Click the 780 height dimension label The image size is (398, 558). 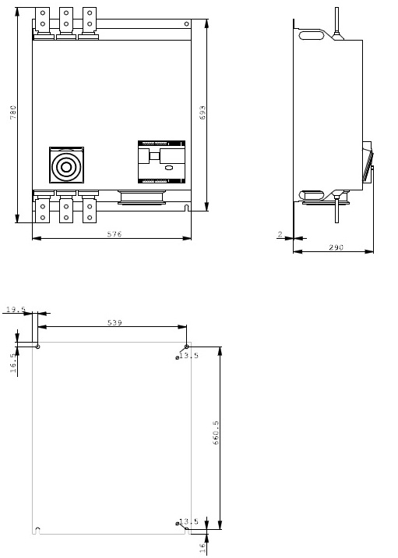[13, 112]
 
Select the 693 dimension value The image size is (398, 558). [203, 112]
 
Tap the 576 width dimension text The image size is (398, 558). [114, 234]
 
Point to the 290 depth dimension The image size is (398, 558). [336, 247]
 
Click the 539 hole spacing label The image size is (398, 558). [114, 322]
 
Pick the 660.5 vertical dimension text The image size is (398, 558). [216, 432]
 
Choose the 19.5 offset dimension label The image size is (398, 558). [16, 309]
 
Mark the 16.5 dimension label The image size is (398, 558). [13, 363]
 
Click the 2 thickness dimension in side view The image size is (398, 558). [280, 234]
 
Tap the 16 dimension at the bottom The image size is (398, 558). [203, 547]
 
